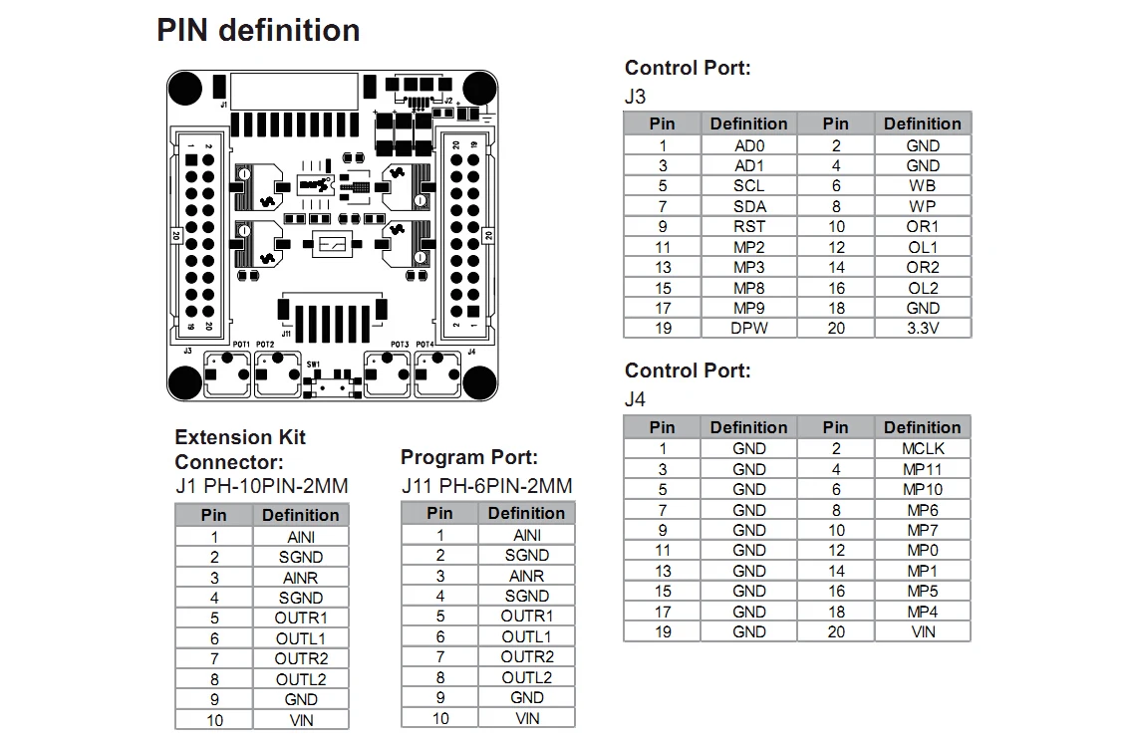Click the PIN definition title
(258, 31)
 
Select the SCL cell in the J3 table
(748, 185)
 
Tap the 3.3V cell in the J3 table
(922, 328)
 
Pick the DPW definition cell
(748, 328)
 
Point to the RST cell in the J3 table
(748, 226)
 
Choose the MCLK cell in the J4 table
(922, 448)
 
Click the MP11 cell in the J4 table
(922, 469)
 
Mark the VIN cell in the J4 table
(922, 631)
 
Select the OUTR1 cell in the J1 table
(300, 617)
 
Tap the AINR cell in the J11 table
(526, 576)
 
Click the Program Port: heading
(468, 457)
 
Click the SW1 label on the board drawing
(314, 365)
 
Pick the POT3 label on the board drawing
(400, 345)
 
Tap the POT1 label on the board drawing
(240, 345)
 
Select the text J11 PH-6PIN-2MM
(486, 486)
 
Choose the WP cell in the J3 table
(922, 206)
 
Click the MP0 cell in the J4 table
(922, 550)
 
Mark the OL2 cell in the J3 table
(922, 288)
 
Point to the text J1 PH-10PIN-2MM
(261, 487)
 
